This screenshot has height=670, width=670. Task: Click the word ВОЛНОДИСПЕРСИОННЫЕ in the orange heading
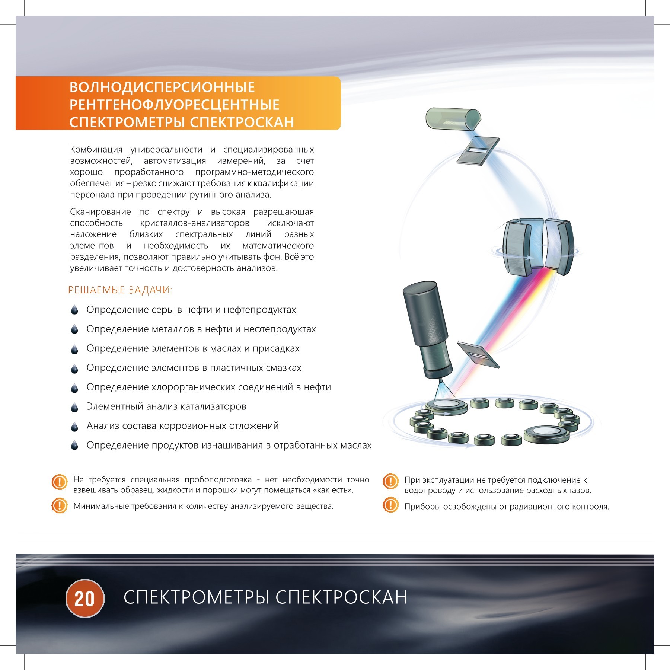point(162,87)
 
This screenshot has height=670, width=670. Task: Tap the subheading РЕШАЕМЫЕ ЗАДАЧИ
point(120,290)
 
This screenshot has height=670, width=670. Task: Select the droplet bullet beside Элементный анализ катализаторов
point(74,407)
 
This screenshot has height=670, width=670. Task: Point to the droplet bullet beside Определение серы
point(74,310)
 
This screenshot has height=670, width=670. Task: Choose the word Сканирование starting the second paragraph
point(100,212)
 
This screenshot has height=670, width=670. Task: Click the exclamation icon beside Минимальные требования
point(59,505)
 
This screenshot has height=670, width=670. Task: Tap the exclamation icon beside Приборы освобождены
point(390,505)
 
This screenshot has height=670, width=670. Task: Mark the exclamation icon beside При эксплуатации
point(390,481)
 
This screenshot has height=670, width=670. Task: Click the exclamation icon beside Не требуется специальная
point(59,482)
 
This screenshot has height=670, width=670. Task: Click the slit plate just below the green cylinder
point(478,151)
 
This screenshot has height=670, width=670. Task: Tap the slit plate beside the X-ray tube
point(478,355)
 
